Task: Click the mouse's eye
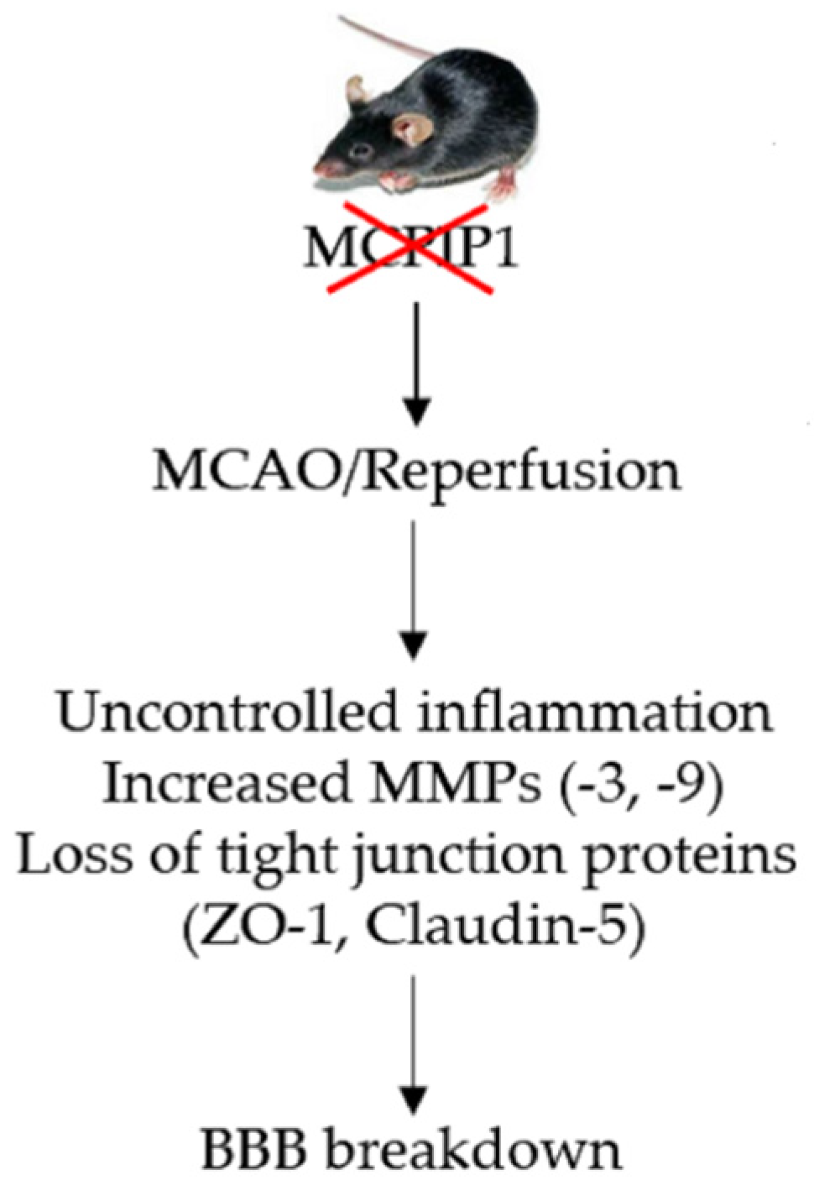[x=362, y=152]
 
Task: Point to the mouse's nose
[x=320, y=169]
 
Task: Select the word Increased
[x=226, y=784]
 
